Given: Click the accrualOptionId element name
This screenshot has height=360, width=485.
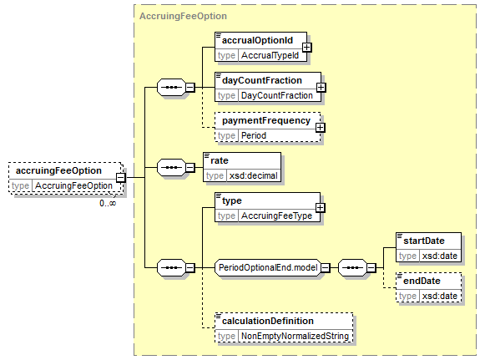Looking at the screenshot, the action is (x=257, y=41).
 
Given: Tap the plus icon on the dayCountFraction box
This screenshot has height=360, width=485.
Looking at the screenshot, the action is (x=321, y=88).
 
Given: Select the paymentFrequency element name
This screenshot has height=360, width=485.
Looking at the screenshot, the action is (x=266, y=121).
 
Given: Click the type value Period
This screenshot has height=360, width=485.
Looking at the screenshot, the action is (x=254, y=135).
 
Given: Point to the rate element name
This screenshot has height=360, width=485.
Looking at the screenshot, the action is (x=220, y=160).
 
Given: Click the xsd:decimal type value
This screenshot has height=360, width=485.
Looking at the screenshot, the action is (x=253, y=175).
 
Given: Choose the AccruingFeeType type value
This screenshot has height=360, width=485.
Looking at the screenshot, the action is (x=276, y=215).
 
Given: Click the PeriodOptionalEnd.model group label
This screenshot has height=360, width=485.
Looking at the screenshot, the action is (x=268, y=267).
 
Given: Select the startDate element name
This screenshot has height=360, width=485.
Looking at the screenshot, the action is (x=424, y=241).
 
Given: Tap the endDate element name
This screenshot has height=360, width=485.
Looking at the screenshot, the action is (x=422, y=281).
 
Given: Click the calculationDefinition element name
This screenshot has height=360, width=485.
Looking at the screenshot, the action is (x=268, y=321).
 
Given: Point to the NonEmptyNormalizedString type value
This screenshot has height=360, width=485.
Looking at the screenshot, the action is (x=295, y=336).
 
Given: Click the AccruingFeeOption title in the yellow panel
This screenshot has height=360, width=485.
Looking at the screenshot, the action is (x=183, y=16).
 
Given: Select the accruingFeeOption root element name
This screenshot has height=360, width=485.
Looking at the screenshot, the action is (x=58, y=170).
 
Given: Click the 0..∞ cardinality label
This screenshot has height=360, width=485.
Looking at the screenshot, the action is (x=108, y=203).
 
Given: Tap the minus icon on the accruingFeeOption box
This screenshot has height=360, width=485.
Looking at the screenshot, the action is (x=121, y=178).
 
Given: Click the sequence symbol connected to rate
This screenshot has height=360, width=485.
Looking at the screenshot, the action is (x=172, y=167).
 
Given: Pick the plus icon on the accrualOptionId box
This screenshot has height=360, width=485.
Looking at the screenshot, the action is (x=307, y=48).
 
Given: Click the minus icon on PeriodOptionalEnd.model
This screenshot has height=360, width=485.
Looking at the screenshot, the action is (x=326, y=268).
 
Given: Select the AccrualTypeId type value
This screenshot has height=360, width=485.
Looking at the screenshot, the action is (x=270, y=55).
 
